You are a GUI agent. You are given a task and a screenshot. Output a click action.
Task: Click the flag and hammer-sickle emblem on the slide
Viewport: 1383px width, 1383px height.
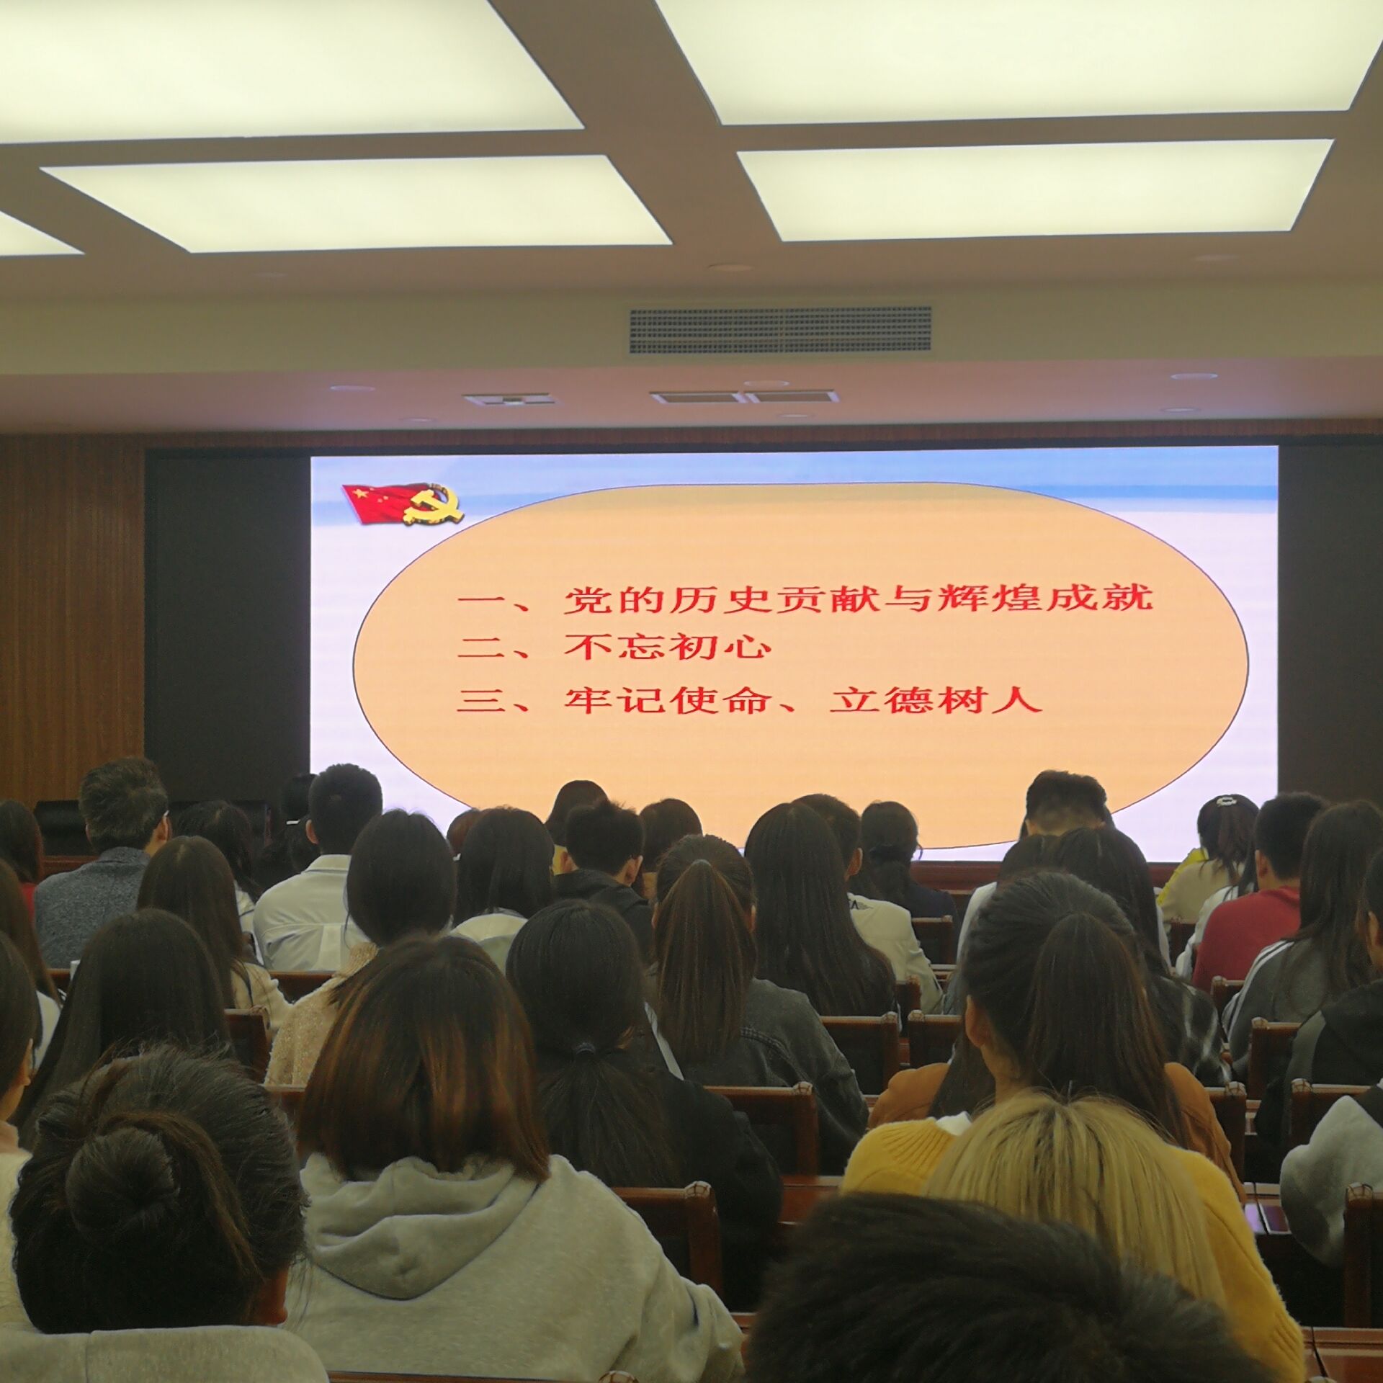403,503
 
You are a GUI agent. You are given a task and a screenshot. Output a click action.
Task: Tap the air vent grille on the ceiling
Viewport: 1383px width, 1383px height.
780,330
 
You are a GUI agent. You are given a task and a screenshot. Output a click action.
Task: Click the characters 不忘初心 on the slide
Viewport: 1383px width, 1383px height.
668,646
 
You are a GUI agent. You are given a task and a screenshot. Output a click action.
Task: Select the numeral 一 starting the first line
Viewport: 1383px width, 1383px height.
485,599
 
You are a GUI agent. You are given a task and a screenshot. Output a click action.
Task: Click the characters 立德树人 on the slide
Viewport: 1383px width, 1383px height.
936,699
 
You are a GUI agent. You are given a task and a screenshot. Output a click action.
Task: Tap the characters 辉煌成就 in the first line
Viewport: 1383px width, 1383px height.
1046,597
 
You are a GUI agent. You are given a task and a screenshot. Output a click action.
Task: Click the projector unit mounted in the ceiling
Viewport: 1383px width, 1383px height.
509,399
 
